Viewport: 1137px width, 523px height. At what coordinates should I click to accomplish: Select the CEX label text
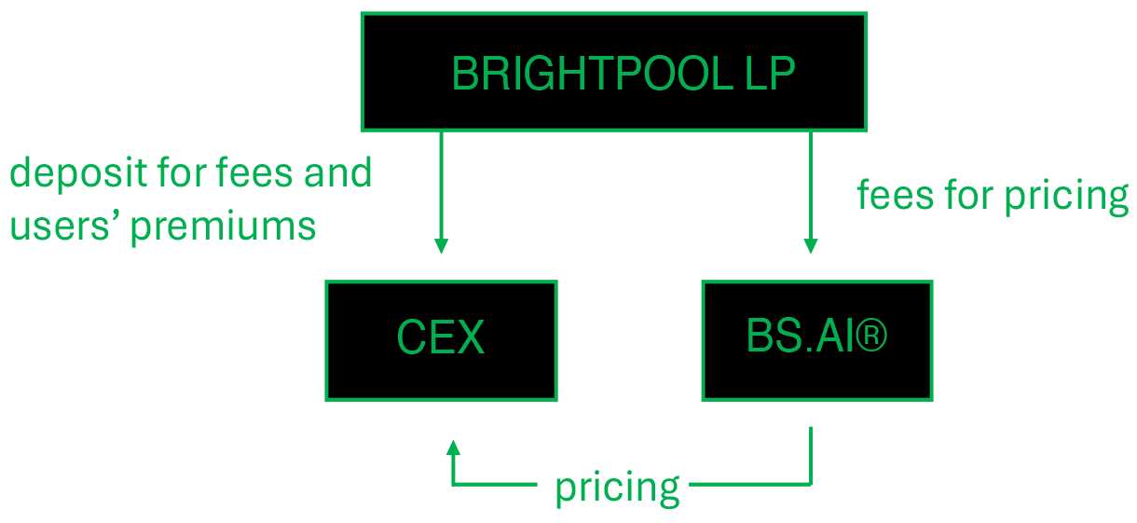441,339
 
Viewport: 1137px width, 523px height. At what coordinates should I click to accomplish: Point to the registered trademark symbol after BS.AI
870,337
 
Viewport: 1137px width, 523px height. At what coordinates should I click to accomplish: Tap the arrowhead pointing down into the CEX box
441,246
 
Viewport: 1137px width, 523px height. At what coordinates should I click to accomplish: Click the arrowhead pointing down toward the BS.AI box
811,246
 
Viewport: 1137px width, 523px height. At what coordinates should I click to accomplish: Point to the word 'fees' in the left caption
252,172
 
